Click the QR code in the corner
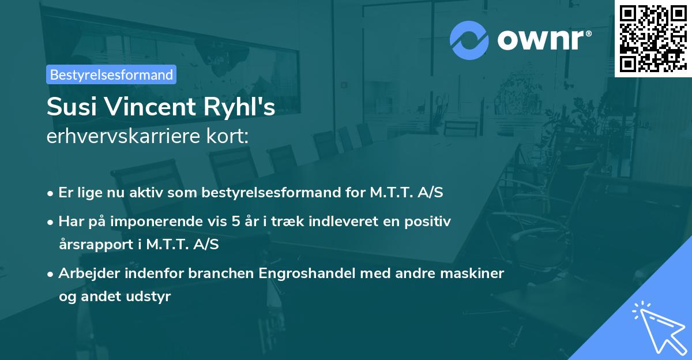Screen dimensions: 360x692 (652, 38)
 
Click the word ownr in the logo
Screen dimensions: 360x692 (543, 40)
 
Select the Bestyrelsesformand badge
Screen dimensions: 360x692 (111, 74)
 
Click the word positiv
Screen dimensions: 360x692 (430, 221)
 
